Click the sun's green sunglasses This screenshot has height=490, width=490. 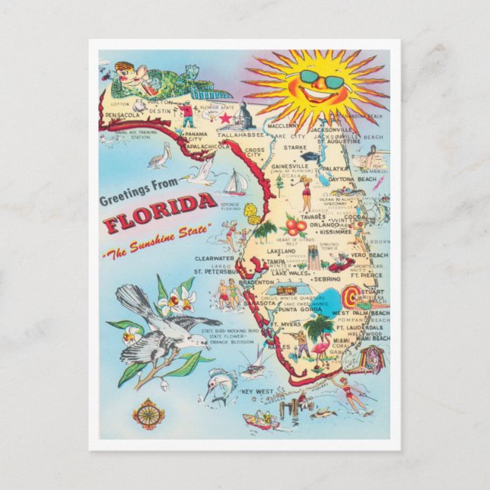coord(321,78)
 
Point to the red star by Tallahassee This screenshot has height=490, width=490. coord(224,119)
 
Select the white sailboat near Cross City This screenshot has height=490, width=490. coord(235,183)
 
